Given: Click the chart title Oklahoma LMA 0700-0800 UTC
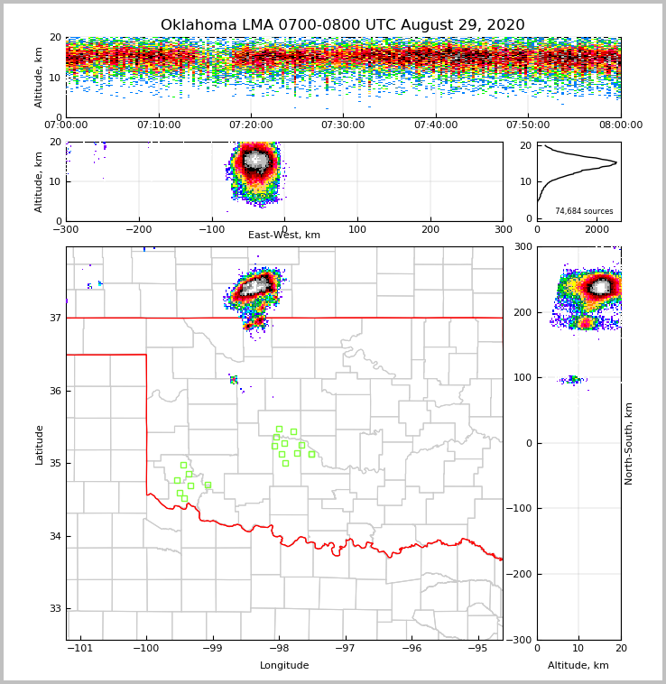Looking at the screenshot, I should coord(342,25).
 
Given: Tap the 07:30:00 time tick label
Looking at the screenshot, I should coord(344,125).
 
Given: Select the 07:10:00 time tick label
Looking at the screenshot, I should coord(158,125).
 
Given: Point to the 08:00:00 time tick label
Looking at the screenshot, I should coord(620,125).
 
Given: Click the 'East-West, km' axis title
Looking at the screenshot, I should coord(284,236).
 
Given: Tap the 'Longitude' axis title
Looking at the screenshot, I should coord(284,666).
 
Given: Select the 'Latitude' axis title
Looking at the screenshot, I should coord(39,444).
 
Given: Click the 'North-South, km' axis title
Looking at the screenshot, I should coord(629,443).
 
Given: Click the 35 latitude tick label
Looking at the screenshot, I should coord(56,464).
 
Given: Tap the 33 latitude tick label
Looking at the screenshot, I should coord(56,609).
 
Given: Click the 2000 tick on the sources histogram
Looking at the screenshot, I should coord(597,229).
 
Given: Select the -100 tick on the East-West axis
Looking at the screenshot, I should coord(210,229).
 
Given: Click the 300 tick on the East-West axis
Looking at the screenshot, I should coord(503,229).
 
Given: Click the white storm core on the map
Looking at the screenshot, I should coord(257,287).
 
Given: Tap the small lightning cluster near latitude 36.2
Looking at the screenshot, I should coord(234,380).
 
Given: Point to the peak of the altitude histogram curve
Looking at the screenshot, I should coord(616,162).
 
